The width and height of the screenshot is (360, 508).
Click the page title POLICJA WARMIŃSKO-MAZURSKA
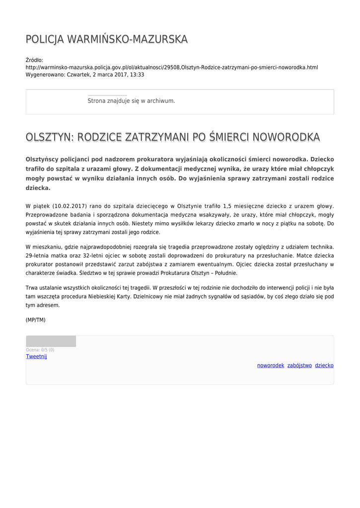(x=106, y=39)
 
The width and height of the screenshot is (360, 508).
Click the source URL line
(x=172, y=67)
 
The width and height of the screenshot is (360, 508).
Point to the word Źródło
(x=34, y=60)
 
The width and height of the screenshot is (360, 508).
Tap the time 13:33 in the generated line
(x=138, y=74)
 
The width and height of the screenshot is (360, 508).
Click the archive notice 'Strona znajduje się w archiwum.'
(x=131, y=101)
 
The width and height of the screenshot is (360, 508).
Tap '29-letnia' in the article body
(x=36, y=255)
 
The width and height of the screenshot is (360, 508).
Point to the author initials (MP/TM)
(x=35, y=320)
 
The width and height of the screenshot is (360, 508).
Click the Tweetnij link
(x=36, y=356)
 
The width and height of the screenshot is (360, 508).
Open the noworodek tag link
(x=271, y=365)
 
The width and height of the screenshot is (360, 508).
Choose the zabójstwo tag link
(x=299, y=365)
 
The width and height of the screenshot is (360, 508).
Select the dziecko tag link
(x=324, y=365)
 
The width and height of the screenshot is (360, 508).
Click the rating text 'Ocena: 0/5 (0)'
(x=40, y=350)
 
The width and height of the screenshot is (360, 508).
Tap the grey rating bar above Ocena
(x=51, y=341)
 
